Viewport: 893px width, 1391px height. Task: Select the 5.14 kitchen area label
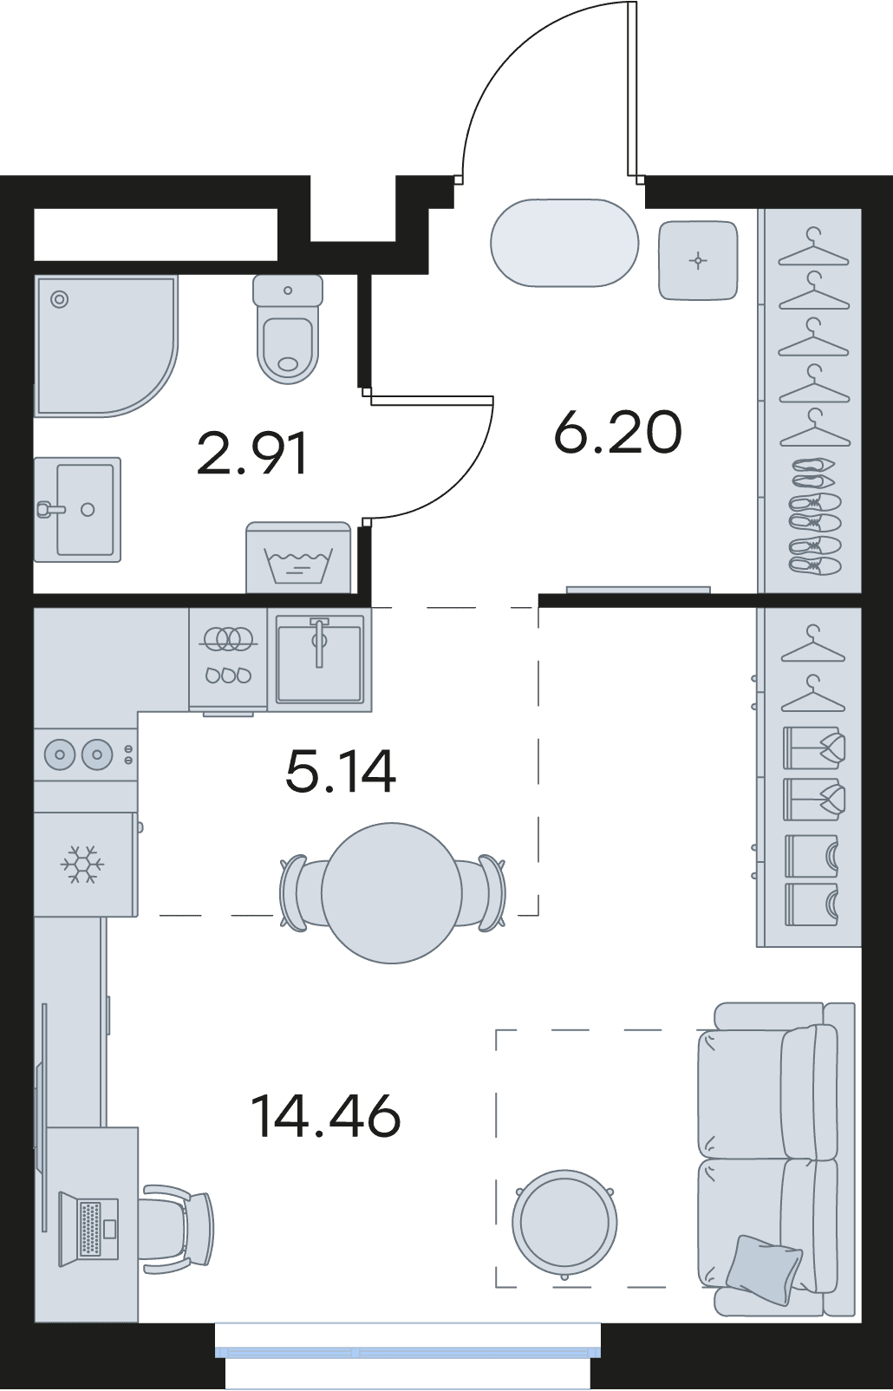341,771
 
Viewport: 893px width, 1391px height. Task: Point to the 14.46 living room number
326,1116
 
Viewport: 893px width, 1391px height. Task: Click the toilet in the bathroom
288,329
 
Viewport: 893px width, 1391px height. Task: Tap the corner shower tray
106,346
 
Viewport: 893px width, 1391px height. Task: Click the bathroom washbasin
78,509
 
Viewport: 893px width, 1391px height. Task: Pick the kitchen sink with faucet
319,659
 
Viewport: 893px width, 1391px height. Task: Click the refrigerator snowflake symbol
82,864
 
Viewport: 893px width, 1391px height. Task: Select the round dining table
392,893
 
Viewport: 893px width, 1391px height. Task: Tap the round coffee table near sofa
564,1224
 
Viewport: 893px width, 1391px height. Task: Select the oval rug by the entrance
564,243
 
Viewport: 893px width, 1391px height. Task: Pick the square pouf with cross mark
699,260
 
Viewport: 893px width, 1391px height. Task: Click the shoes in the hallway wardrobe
814,516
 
